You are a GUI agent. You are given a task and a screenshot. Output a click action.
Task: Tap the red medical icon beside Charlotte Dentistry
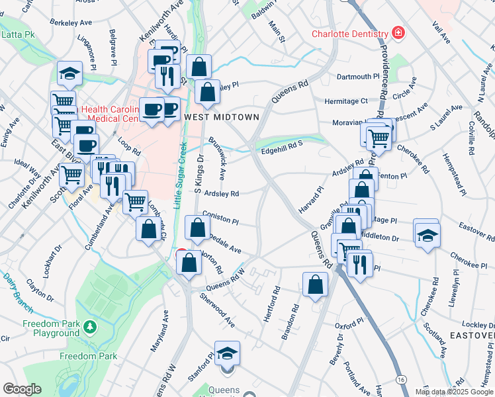398,33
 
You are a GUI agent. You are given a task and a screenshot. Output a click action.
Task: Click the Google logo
22,389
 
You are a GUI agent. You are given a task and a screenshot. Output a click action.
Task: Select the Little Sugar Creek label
179,175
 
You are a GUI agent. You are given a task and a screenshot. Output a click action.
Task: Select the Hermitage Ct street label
345,101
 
